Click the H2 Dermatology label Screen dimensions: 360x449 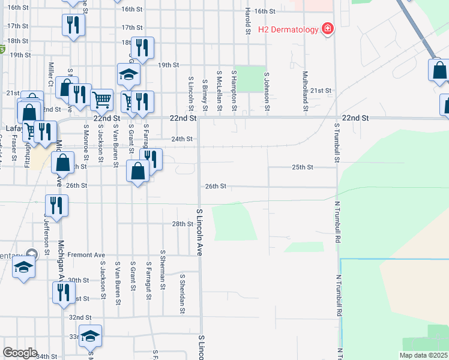point(288,29)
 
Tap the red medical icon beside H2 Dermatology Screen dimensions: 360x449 point(327,29)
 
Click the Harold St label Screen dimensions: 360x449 point(247,21)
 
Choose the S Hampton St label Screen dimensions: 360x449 point(234,91)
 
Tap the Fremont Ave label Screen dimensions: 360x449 point(86,255)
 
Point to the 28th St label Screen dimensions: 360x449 point(181,224)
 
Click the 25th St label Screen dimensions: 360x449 point(303,167)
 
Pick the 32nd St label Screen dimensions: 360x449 point(80,317)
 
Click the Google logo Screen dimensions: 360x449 point(20,353)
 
